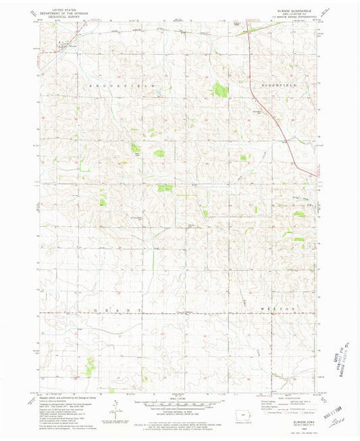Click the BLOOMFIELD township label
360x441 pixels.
(x=278, y=87)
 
